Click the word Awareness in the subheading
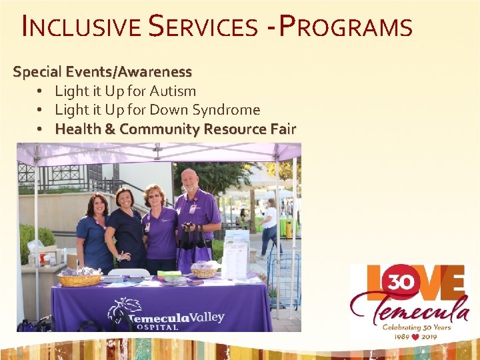(158, 71)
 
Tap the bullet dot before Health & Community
(41, 129)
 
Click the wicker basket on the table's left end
(79, 278)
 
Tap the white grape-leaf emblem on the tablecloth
(126, 310)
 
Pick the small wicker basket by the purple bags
(204, 271)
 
